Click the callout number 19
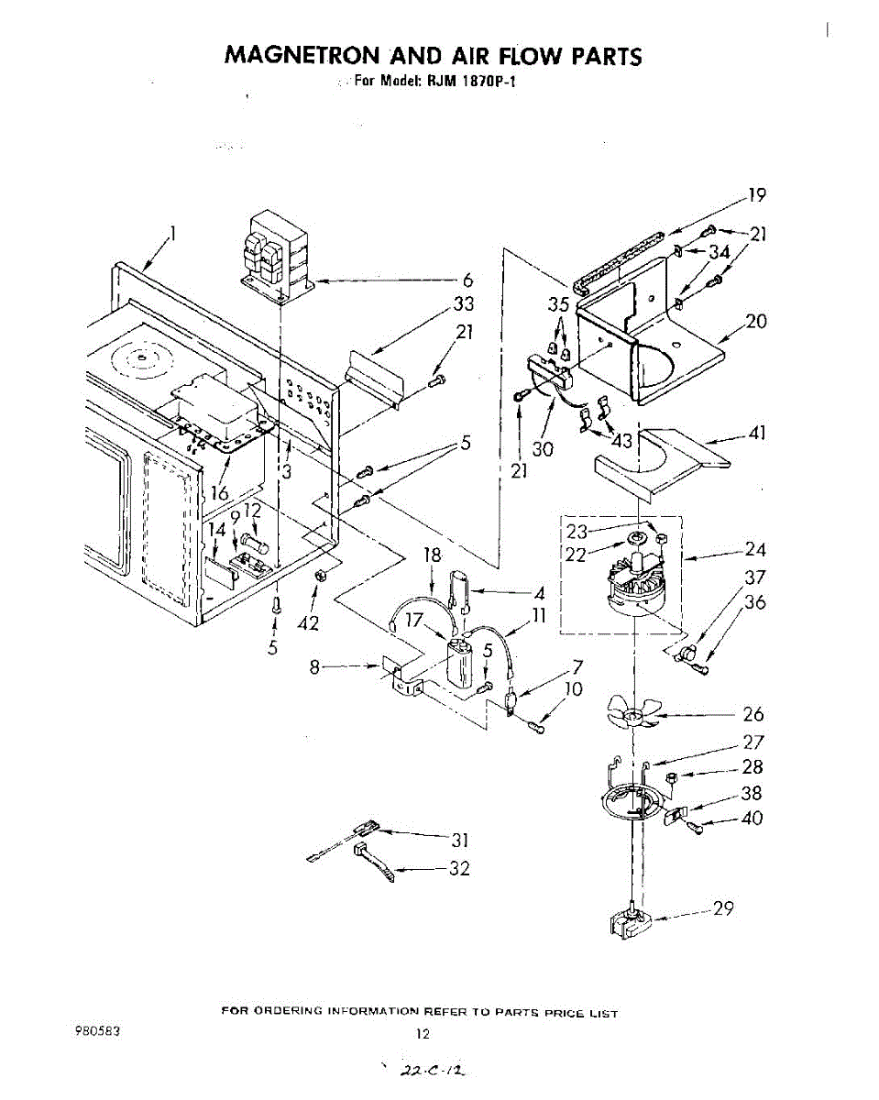[x=756, y=194]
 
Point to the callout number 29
[x=724, y=909]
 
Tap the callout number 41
[x=756, y=433]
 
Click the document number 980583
[x=96, y=1029]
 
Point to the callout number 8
[x=314, y=668]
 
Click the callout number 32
[x=458, y=869]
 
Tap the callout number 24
[x=755, y=550]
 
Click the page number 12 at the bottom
[x=423, y=1033]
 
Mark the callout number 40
[x=752, y=819]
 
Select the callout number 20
[x=756, y=322]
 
